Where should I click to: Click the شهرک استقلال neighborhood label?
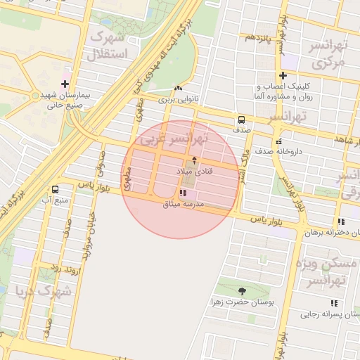point(108,45)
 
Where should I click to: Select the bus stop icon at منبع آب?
point(56,189)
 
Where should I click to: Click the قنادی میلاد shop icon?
point(195,160)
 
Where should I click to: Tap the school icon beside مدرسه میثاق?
point(183,193)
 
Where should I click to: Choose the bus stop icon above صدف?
point(241,120)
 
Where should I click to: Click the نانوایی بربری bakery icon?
point(176,88)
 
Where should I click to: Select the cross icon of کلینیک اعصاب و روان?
point(283,75)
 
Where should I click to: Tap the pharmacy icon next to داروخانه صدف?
point(278,140)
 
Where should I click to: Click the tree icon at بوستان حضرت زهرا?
point(243,290)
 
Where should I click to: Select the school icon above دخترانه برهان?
point(341,221)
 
